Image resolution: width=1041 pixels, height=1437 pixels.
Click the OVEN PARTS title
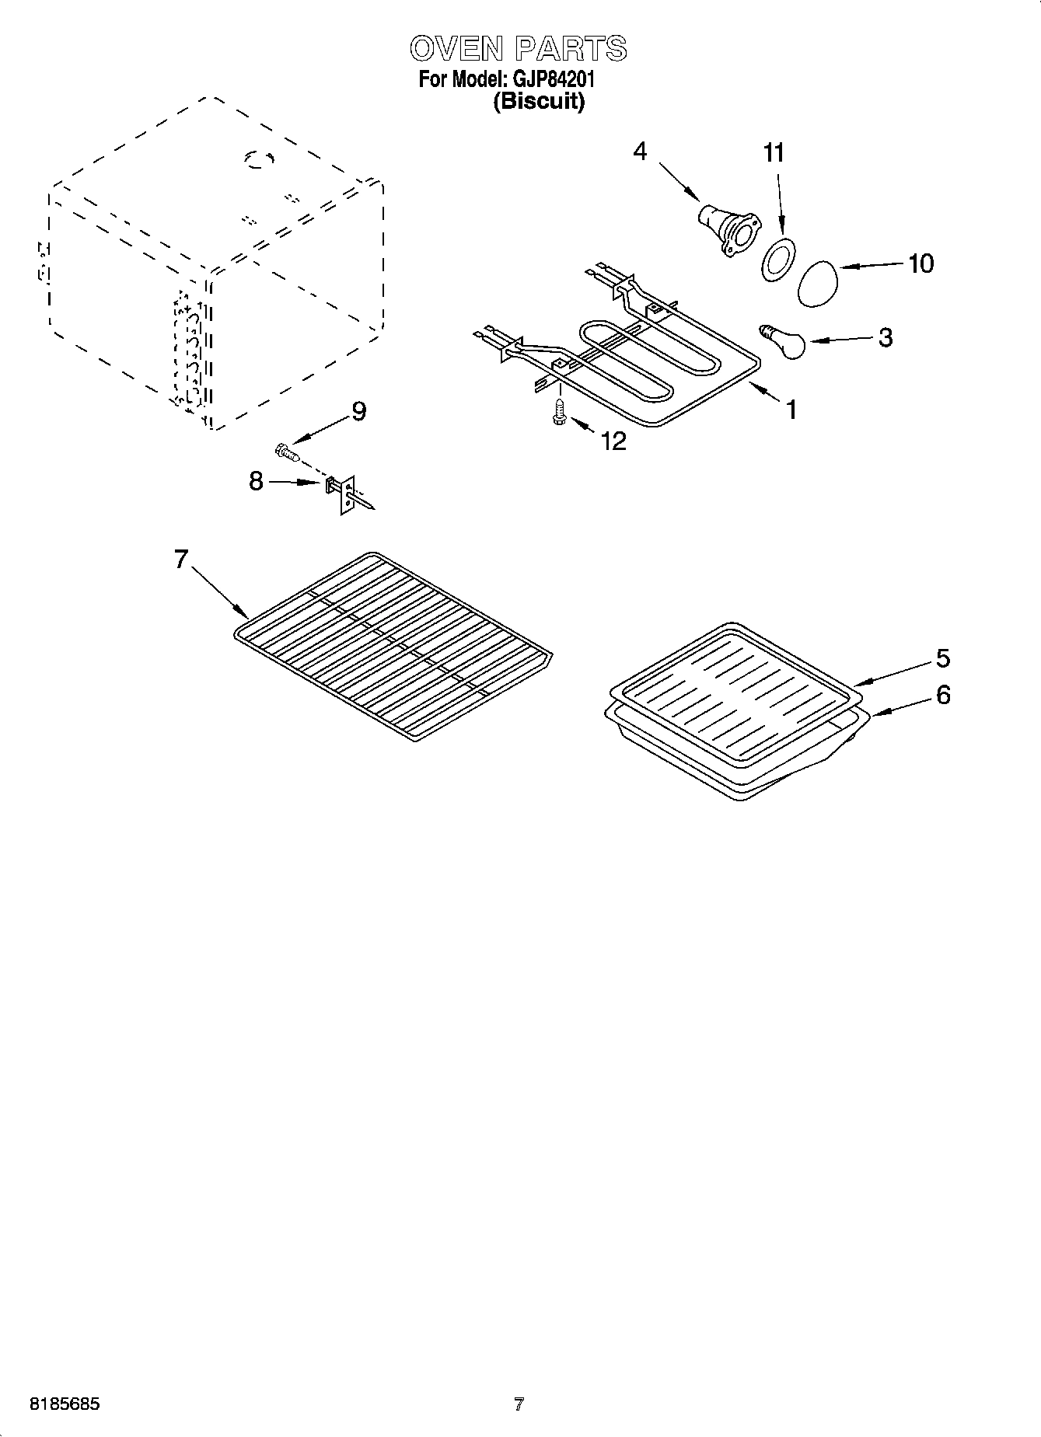[x=519, y=48]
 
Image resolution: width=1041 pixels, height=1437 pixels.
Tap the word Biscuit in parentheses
[x=539, y=102]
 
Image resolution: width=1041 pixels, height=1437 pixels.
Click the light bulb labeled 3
[x=785, y=343]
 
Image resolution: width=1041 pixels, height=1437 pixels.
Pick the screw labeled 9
[x=286, y=452]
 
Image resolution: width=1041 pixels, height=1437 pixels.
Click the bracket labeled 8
[x=342, y=493]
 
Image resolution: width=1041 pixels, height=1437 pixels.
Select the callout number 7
[x=181, y=559]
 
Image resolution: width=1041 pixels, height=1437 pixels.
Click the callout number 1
[x=791, y=410]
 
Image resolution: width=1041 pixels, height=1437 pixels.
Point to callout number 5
[x=942, y=658]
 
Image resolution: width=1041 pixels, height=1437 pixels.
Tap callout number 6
[x=942, y=694]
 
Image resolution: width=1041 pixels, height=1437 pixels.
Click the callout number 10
[x=920, y=263]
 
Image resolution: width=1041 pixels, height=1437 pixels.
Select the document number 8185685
[x=65, y=1404]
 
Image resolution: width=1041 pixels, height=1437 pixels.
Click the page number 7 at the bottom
[x=519, y=1404]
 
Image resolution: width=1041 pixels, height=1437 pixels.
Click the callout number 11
[x=773, y=153]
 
